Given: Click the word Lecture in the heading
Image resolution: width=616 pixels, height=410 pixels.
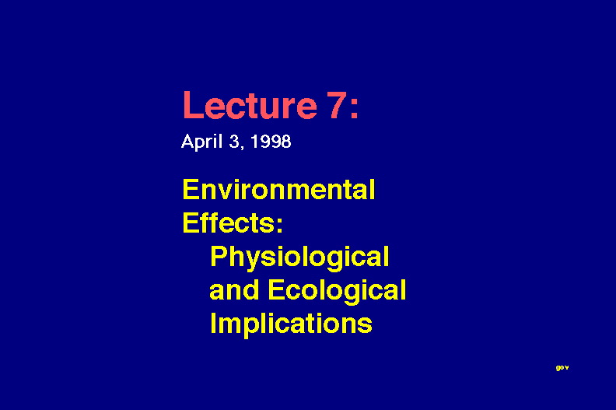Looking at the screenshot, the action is point(250,105).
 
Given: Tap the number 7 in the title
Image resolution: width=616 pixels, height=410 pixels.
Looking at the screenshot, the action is point(338,105).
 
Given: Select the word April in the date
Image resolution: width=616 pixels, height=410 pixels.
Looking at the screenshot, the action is point(202,142).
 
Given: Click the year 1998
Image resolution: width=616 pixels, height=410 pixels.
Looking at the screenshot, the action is point(271,142).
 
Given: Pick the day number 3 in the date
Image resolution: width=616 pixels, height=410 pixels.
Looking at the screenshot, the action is point(234,142).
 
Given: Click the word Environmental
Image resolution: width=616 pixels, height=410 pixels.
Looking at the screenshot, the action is point(279,190).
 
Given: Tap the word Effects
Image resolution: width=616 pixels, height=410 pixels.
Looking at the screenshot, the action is point(229,223).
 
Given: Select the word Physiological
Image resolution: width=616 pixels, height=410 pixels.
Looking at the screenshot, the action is point(299,258).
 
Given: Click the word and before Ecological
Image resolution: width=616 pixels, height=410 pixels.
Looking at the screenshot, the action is point(234,289).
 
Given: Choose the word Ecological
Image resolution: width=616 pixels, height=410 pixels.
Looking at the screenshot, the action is point(337,291).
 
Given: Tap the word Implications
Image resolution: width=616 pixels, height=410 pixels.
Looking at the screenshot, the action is point(291,324).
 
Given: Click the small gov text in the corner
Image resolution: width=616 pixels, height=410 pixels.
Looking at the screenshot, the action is point(562,368).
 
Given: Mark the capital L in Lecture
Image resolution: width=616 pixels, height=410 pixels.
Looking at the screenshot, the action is point(192,105).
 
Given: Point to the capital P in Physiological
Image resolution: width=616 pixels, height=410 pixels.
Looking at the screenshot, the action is point(219,256).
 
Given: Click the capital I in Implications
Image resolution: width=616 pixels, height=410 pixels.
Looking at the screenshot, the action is point(213,323).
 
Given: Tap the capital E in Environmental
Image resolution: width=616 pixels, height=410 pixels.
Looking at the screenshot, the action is point(191,190).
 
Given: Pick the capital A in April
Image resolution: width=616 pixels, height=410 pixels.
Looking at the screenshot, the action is point(187,142).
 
